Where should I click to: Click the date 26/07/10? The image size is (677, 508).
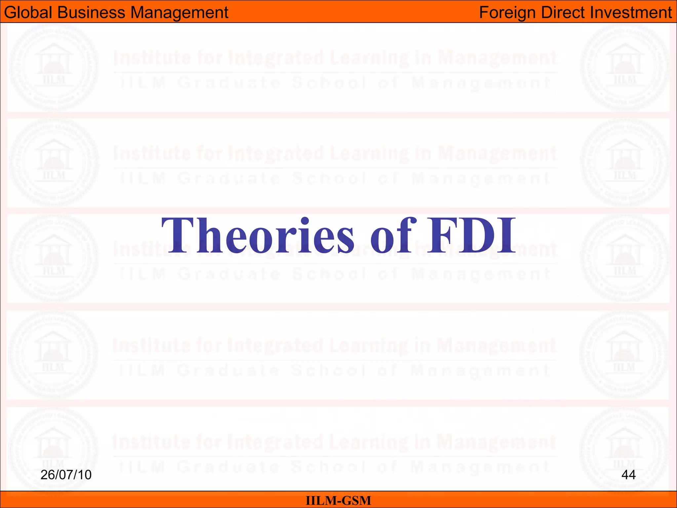(x=66, y=475)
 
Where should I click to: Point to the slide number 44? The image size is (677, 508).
(x=628, y=475)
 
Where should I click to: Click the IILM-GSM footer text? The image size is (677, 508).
(x=338, y=500)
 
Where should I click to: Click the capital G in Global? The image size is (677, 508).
(x=10, y=13)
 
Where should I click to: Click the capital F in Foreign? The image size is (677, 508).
(x=484, y=13)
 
